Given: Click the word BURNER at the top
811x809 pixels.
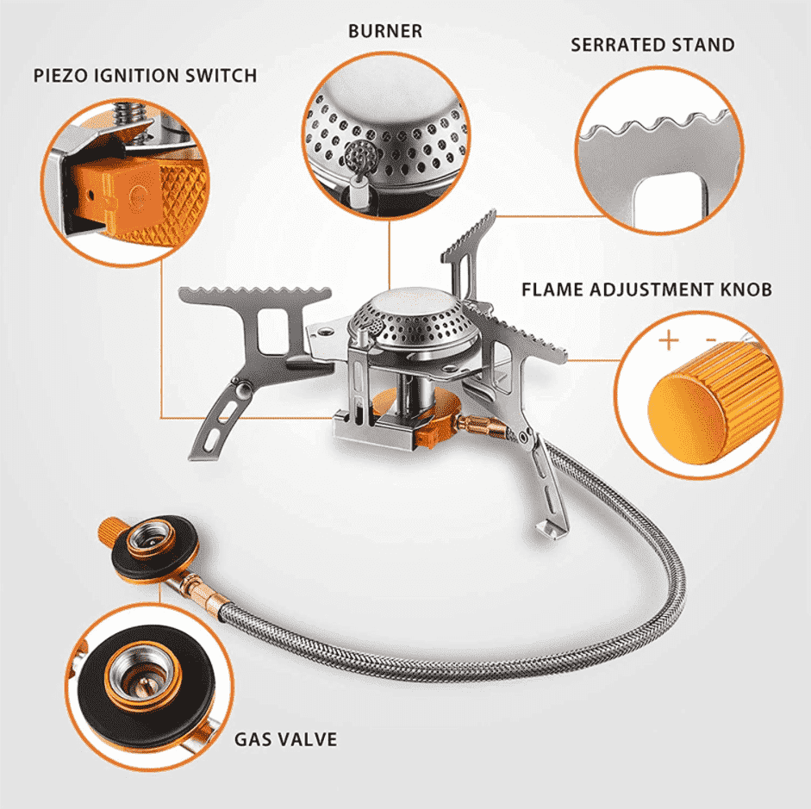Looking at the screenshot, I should point(385,31).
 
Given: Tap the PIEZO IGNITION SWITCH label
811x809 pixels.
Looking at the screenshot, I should point(145,75).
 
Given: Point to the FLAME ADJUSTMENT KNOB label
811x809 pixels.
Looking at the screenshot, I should point(646,289).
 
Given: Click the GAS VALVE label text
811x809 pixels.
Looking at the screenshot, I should point(285,739).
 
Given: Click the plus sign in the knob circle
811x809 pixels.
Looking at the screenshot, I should point(669,339).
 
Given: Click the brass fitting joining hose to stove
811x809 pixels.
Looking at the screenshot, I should point(478,425).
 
